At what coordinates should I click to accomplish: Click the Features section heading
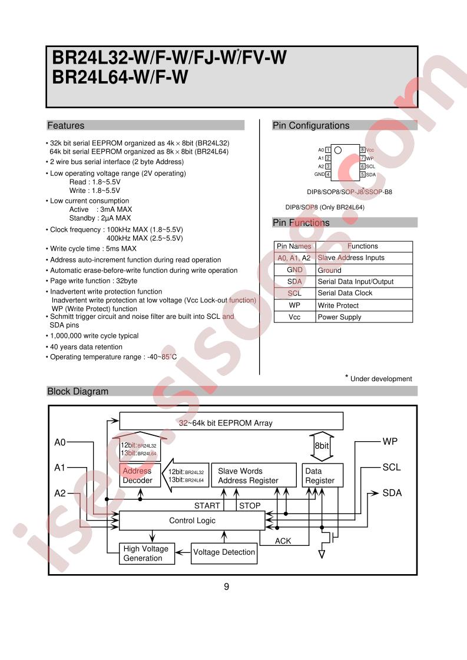point(66,125)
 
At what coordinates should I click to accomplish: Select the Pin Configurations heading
point(311,125)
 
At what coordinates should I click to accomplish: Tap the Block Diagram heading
point(78,391)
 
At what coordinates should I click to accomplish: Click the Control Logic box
point(192,521)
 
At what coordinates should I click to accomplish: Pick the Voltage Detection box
point(224,552)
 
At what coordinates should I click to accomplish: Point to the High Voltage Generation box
point(146,554)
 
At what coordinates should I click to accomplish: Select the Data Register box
point(320,476)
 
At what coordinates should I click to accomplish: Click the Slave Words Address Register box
point(253,476)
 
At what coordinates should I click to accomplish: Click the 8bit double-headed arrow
point(321,445)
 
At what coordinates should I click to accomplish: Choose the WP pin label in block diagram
point(390,441)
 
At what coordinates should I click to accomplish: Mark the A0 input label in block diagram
point(60,442)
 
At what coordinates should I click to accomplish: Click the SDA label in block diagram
point(392,493)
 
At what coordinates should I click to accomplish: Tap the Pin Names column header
point(294,246)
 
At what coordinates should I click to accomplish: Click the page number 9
point(227,586)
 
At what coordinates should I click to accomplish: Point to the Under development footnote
point(380,379)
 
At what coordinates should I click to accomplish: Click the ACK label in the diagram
point(283,541)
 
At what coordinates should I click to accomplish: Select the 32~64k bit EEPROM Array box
point(231,422)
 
